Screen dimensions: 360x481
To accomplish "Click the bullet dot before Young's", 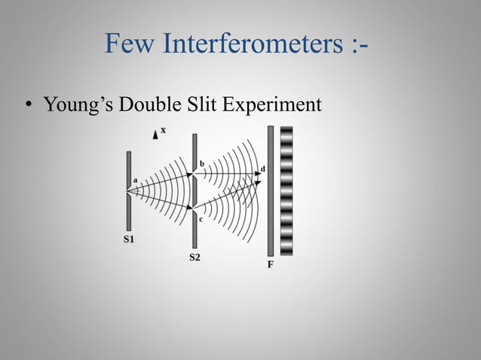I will [x=28, y=106].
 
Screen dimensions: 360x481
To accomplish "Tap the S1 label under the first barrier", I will [x=129, y=240].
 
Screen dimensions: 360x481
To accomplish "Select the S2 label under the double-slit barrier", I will [x=195, y=258].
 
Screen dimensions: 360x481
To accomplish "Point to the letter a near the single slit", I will [x=135, y=181].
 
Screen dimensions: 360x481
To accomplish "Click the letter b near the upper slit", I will [x=201, y=163].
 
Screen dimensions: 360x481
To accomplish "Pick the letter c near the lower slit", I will [x=201, y=219].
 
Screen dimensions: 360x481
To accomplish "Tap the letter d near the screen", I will [x=262, y=167].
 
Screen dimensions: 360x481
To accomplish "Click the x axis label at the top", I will [x=163, y=130].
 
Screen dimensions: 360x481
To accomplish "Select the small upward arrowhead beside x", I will [x=155, y=133].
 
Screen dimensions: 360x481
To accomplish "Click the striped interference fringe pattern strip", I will [x=286, y=191].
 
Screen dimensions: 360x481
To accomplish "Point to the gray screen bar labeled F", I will [x=270, y=191].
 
